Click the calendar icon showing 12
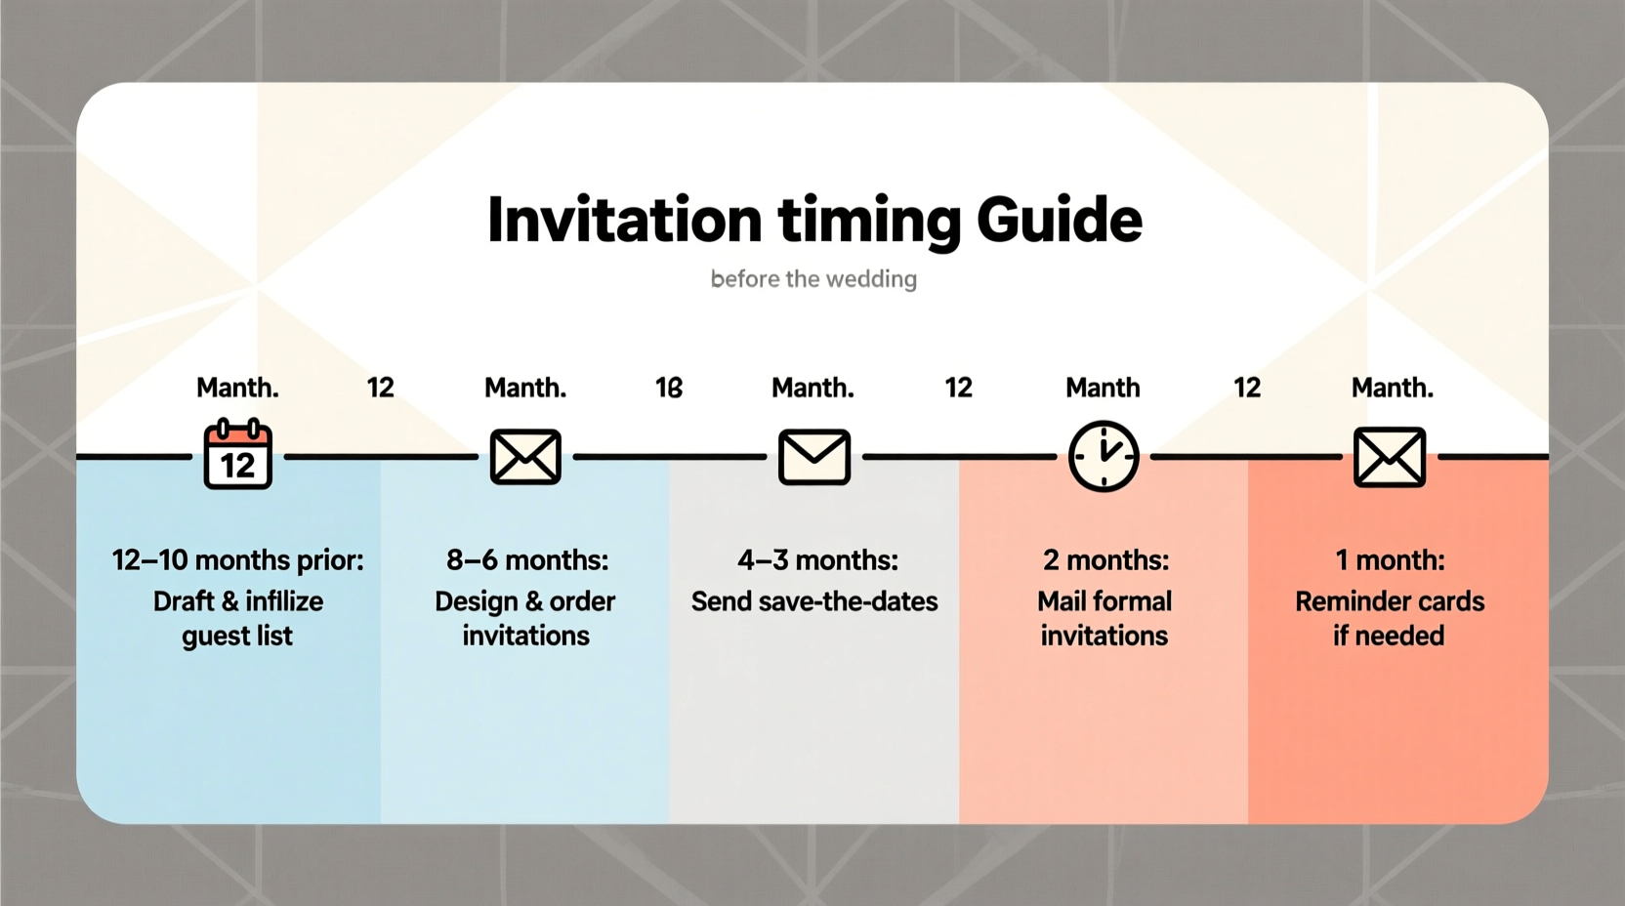coord(237,455)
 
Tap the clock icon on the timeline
coord(1104,456)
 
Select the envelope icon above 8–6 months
coord(525,456)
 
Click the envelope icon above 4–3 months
coord(814,456)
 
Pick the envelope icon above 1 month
coord(1390,456)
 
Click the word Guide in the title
coord(1059,220)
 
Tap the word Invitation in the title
coord(624,220)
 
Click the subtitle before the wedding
coord(813,279)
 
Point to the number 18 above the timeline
coord(669,388)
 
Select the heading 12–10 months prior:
coord(237,560)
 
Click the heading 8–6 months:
coord(526,560)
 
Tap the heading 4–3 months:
coord(816,560)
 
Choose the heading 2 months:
coord(1105,560)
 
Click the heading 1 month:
coord(1390,560)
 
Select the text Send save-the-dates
coord(814,601)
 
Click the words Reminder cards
coord(1390,601)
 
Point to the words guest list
coord(237,637)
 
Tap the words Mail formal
coord(1104,601)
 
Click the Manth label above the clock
coord(1103,388)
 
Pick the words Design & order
coord(525,601)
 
